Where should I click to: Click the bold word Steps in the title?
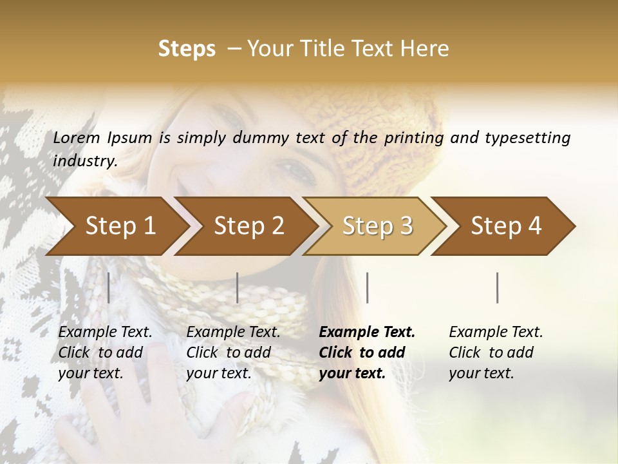[x=187, y=48]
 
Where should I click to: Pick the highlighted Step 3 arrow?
[x=377, y=226]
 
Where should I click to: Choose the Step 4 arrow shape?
[x=506, y=226]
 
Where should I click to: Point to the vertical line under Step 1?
[x=109, y=287]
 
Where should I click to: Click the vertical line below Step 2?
[x=238, y=287]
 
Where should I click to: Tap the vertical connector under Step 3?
[x=367, y=287]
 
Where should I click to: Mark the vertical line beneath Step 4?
[x=498, y=287]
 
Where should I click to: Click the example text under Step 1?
[x=105, y=353]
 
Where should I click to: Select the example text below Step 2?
[x=233, y=353]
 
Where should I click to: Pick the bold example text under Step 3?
[x=367, y=353]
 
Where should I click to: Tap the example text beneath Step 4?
[x=496, y=353]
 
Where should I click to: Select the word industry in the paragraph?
[x=84, y=160]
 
